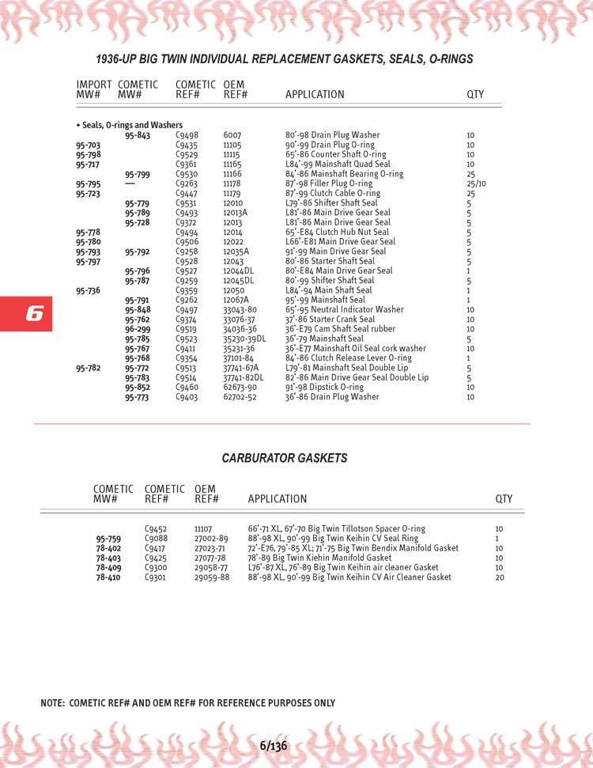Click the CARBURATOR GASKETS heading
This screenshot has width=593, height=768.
tap(284, 458)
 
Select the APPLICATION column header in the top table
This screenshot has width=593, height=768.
tap(314, 95)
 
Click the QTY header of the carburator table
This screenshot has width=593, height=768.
tap(504, 499)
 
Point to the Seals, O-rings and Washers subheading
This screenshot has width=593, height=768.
tap(129, 125)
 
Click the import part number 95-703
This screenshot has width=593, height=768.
tap(88, 146)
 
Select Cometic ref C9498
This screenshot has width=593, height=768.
tap(187, 135)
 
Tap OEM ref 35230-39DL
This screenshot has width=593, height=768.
tap(244, 339)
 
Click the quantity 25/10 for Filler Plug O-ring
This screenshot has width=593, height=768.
tap(476, 183)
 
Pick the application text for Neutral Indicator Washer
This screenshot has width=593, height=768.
tap(344, 310)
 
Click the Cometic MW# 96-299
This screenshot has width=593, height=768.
tap(137, 329)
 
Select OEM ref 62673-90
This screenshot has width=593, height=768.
tap(240, 387)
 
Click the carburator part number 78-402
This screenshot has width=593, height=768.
tap(108, 548)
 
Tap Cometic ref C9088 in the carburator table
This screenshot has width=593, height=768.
tap(156, 539)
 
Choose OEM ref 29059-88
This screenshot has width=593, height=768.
tap(211, 577)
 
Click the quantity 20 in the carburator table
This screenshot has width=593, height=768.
tap(499, 577)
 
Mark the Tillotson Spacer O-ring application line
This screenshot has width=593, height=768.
tap(336, 528)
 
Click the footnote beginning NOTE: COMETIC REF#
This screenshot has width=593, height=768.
tap(187, 703)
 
